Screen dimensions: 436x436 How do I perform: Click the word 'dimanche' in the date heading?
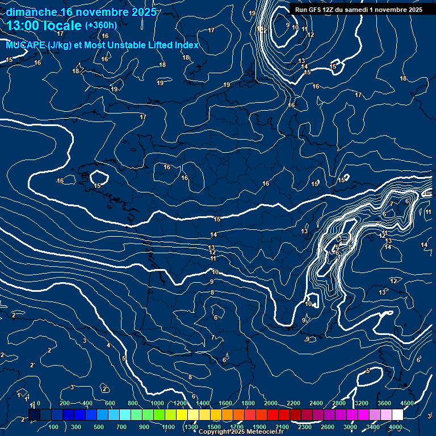coord(31,12)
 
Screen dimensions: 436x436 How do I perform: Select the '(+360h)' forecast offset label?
coord(100,25)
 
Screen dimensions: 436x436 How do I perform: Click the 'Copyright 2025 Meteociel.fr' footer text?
coord(241,432)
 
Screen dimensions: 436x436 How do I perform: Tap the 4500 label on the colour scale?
coord(406,403)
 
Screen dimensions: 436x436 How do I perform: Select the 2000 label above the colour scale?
coord(271,403)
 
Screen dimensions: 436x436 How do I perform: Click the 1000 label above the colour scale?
coord(157,403)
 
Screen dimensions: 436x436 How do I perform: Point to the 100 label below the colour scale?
coord(54,427)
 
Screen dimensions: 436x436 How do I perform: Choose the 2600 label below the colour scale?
coord(328,427)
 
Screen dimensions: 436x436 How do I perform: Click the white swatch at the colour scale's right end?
coord(397,415)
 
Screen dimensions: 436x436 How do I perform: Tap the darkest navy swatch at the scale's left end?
coord(34,415)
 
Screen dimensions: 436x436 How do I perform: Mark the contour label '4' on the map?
coord(108,345)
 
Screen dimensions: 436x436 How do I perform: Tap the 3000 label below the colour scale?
coord(350,427)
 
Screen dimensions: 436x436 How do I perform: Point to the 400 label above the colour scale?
coord(87,403)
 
